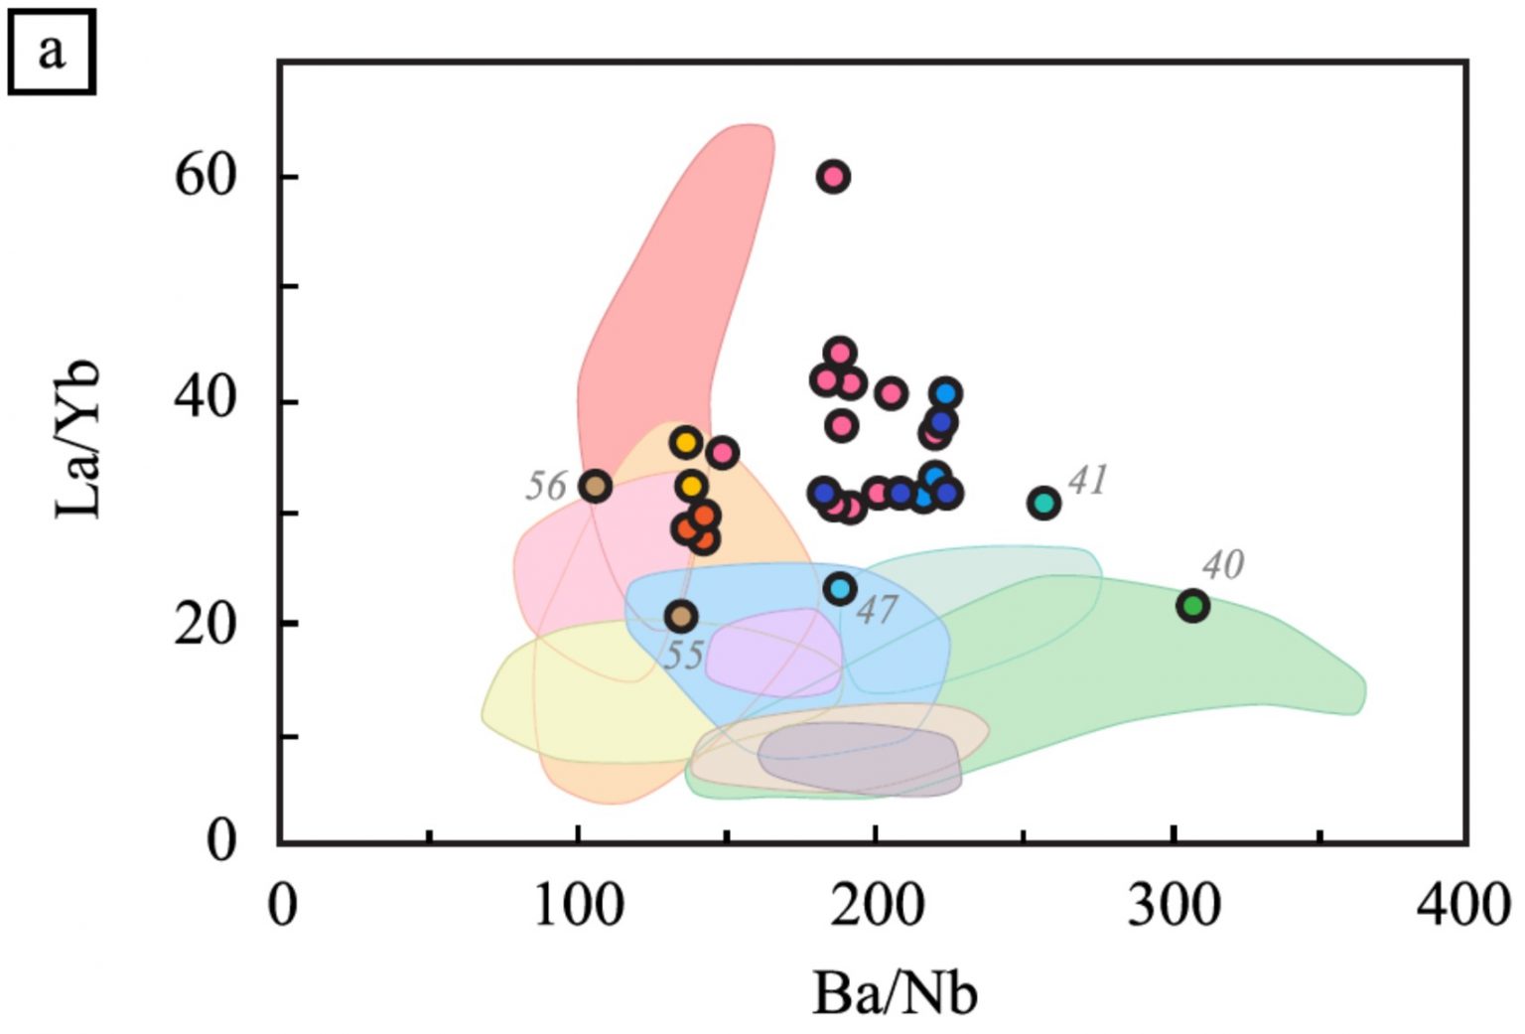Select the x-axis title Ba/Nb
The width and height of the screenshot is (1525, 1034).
click(894, 994)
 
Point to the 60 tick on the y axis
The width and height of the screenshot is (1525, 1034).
click(207, 177)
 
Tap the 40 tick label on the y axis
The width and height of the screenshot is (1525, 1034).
click(207, 400)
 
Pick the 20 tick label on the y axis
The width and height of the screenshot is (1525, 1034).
click(207, 624)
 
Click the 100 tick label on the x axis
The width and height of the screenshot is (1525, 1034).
click(578, 906)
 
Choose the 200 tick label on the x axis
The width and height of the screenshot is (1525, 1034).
click(875, 906)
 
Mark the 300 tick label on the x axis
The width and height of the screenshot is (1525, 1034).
click(1173, 906)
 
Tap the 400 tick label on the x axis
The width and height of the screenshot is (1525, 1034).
click(1462, 906)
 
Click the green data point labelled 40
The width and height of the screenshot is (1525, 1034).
click(1192, 605)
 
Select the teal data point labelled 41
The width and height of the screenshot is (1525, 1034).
click(1043, 503)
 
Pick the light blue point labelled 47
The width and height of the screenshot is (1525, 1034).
click(840, 589)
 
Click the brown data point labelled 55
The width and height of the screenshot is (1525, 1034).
click(680, 617)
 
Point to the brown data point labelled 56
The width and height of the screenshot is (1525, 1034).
click(595, 487)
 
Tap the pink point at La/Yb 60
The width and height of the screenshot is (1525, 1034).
click(833, 177)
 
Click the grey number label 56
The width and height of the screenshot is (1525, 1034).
click(545, 487)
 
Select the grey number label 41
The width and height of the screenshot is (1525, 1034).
click(1087, 480)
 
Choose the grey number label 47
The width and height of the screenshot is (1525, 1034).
click(877, 609)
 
